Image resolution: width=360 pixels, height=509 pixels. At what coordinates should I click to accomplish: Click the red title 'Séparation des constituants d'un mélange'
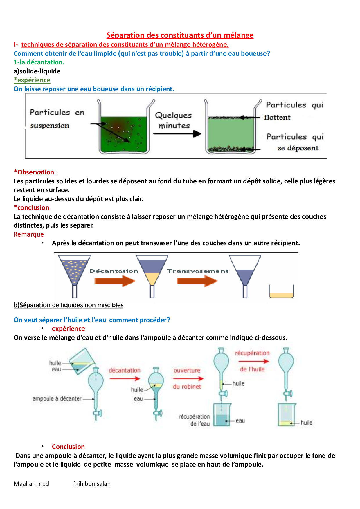click(x=180, y=35)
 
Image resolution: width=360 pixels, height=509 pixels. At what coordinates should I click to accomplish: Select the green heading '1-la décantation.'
click(x=39, y=62)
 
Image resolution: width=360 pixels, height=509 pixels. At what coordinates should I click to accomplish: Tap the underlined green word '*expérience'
click(x=32, y=80)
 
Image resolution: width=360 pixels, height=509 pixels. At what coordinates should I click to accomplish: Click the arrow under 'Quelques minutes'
click(x=177, y=134)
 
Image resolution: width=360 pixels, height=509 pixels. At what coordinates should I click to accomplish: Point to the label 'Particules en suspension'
click(x=57, y=119)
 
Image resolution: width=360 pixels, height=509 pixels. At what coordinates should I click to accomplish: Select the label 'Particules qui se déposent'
click(x=295, y=142)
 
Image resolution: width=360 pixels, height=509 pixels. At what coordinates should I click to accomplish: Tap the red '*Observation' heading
click(x=34, y=172)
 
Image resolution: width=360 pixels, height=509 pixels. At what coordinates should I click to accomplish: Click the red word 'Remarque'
click(x=29, y=234)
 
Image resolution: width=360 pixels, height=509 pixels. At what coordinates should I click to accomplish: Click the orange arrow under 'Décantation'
click(x=115, y=281)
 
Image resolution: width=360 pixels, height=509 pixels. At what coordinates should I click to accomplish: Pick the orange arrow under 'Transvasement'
click(x=197, y=281)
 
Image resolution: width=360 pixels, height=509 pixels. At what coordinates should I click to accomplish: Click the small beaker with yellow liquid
click(x=281, y=292)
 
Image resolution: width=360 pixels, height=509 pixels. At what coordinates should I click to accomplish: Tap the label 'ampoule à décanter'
click(x=57, y=399)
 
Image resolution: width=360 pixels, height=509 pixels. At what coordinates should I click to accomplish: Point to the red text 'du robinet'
click(x=187, y=387)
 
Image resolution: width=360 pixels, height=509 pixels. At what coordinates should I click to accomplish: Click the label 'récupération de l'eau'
click(x=194, y=420)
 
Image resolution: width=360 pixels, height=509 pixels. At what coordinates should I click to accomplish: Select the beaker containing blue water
click(x=222, y=415)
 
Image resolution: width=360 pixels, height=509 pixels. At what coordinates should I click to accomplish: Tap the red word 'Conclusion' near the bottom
click(x=68, y=447)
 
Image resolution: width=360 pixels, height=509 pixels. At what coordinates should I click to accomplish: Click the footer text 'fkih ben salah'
click(x=92, y=484)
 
